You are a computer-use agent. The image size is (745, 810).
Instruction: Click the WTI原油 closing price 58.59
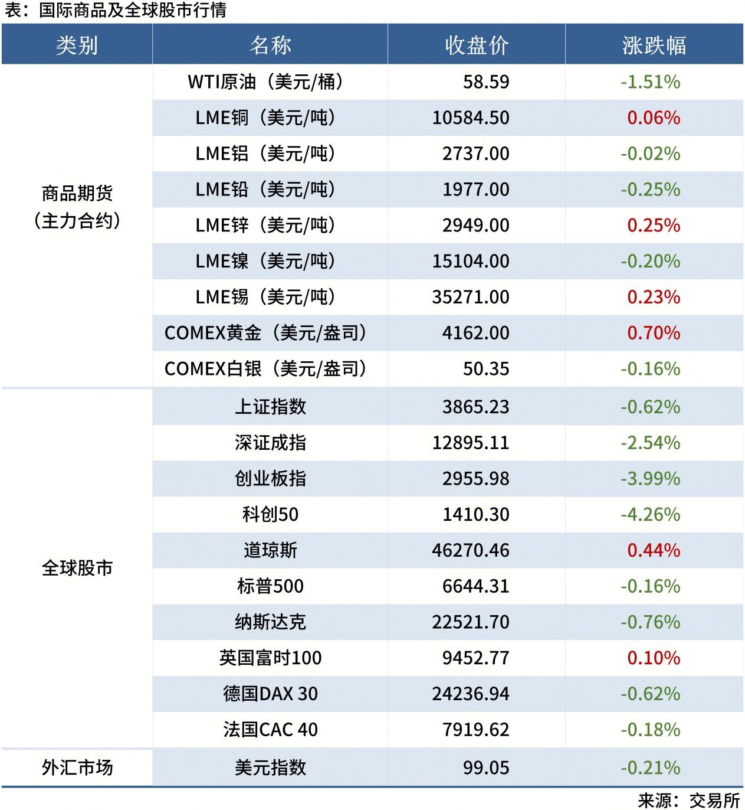click(485, 82)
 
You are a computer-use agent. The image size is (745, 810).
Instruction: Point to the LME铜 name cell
click(265, 118)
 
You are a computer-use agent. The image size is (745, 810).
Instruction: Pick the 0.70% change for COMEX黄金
click(654, 333)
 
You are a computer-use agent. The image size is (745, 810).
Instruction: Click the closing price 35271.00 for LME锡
click(471, 297)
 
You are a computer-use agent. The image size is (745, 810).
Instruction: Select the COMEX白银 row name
click(265, 369)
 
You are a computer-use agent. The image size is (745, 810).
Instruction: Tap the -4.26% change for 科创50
click(650, 515)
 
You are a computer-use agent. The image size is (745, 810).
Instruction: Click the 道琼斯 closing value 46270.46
click(471, 551)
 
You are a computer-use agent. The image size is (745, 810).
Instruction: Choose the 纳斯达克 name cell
click(270, 622)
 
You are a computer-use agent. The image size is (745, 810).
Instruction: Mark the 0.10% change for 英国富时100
click(654, 658)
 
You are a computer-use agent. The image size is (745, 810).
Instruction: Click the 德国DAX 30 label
click(270, 694)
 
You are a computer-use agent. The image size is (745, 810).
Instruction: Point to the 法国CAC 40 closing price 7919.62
click(475, 730)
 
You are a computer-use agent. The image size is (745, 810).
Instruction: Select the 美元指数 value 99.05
click(485, 768)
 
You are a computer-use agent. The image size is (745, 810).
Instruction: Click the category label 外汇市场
click(77, 768)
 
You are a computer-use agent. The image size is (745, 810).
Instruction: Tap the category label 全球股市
click(77, 569)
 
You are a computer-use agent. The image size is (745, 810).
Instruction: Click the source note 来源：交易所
click(688, 801)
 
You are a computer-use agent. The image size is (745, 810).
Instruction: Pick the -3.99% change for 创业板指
click(650, 479)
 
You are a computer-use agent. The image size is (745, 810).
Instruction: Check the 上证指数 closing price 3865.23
click(475, 407)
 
